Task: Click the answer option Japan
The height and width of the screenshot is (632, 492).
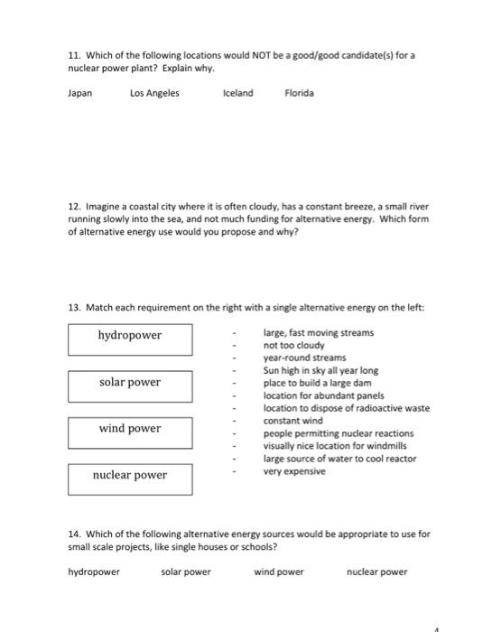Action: click(x=80, y=93)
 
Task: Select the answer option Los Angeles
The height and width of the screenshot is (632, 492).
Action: click(x=154, y=93)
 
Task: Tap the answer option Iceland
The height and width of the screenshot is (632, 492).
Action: click(x=238, y=93)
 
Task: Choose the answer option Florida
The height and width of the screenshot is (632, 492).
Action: click(x=299, y=93)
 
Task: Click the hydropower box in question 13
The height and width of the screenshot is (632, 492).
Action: click(x=130, y=336)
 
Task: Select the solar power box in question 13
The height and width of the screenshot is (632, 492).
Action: click(x=130, y=383)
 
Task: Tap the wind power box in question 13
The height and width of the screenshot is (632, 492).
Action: click(x=130, y=429)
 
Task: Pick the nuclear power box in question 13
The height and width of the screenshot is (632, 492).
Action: click(x=130, y=476)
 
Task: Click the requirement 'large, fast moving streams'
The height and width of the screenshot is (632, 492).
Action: click(x=318, y=333)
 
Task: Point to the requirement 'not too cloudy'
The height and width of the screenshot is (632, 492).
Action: click(x=293, y=346)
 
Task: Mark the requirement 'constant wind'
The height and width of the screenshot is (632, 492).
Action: click(x=292, y=421)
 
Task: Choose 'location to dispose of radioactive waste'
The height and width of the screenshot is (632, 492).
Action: click(x=346, y=408)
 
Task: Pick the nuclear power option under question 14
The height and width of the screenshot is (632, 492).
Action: click(x=376, y=572)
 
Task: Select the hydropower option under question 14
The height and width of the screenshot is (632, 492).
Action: click(x=94, y=572)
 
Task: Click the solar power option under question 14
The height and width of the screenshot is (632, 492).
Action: click(x=186, y=572)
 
